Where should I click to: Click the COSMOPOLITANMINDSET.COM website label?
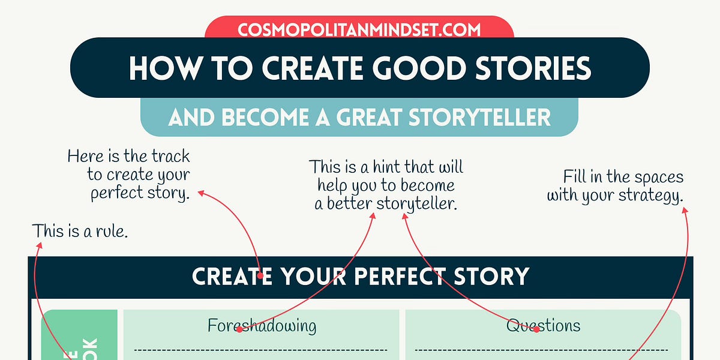(359, 29)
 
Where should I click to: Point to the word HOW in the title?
(158, 68)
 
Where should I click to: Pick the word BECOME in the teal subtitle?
(277, 117)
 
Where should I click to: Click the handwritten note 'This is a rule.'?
(80, 231)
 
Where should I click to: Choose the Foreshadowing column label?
(262, 326)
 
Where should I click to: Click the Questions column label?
(543, 326)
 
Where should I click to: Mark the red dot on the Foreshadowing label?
(239, 329)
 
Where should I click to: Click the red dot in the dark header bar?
(260, 277)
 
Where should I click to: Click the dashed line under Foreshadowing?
(261, 349)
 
